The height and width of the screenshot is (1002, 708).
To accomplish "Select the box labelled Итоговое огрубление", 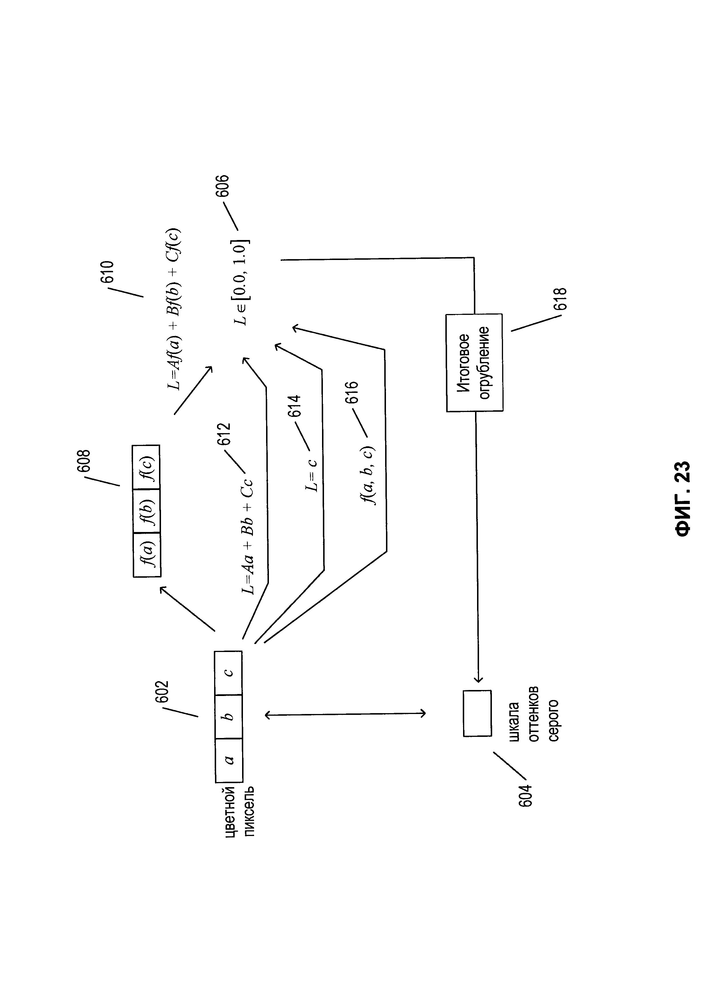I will [x=474, y=363].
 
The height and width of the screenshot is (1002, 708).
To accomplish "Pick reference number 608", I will [x=83, y=461].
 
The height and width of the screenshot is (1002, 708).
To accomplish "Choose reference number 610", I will [x=107, y=272].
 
